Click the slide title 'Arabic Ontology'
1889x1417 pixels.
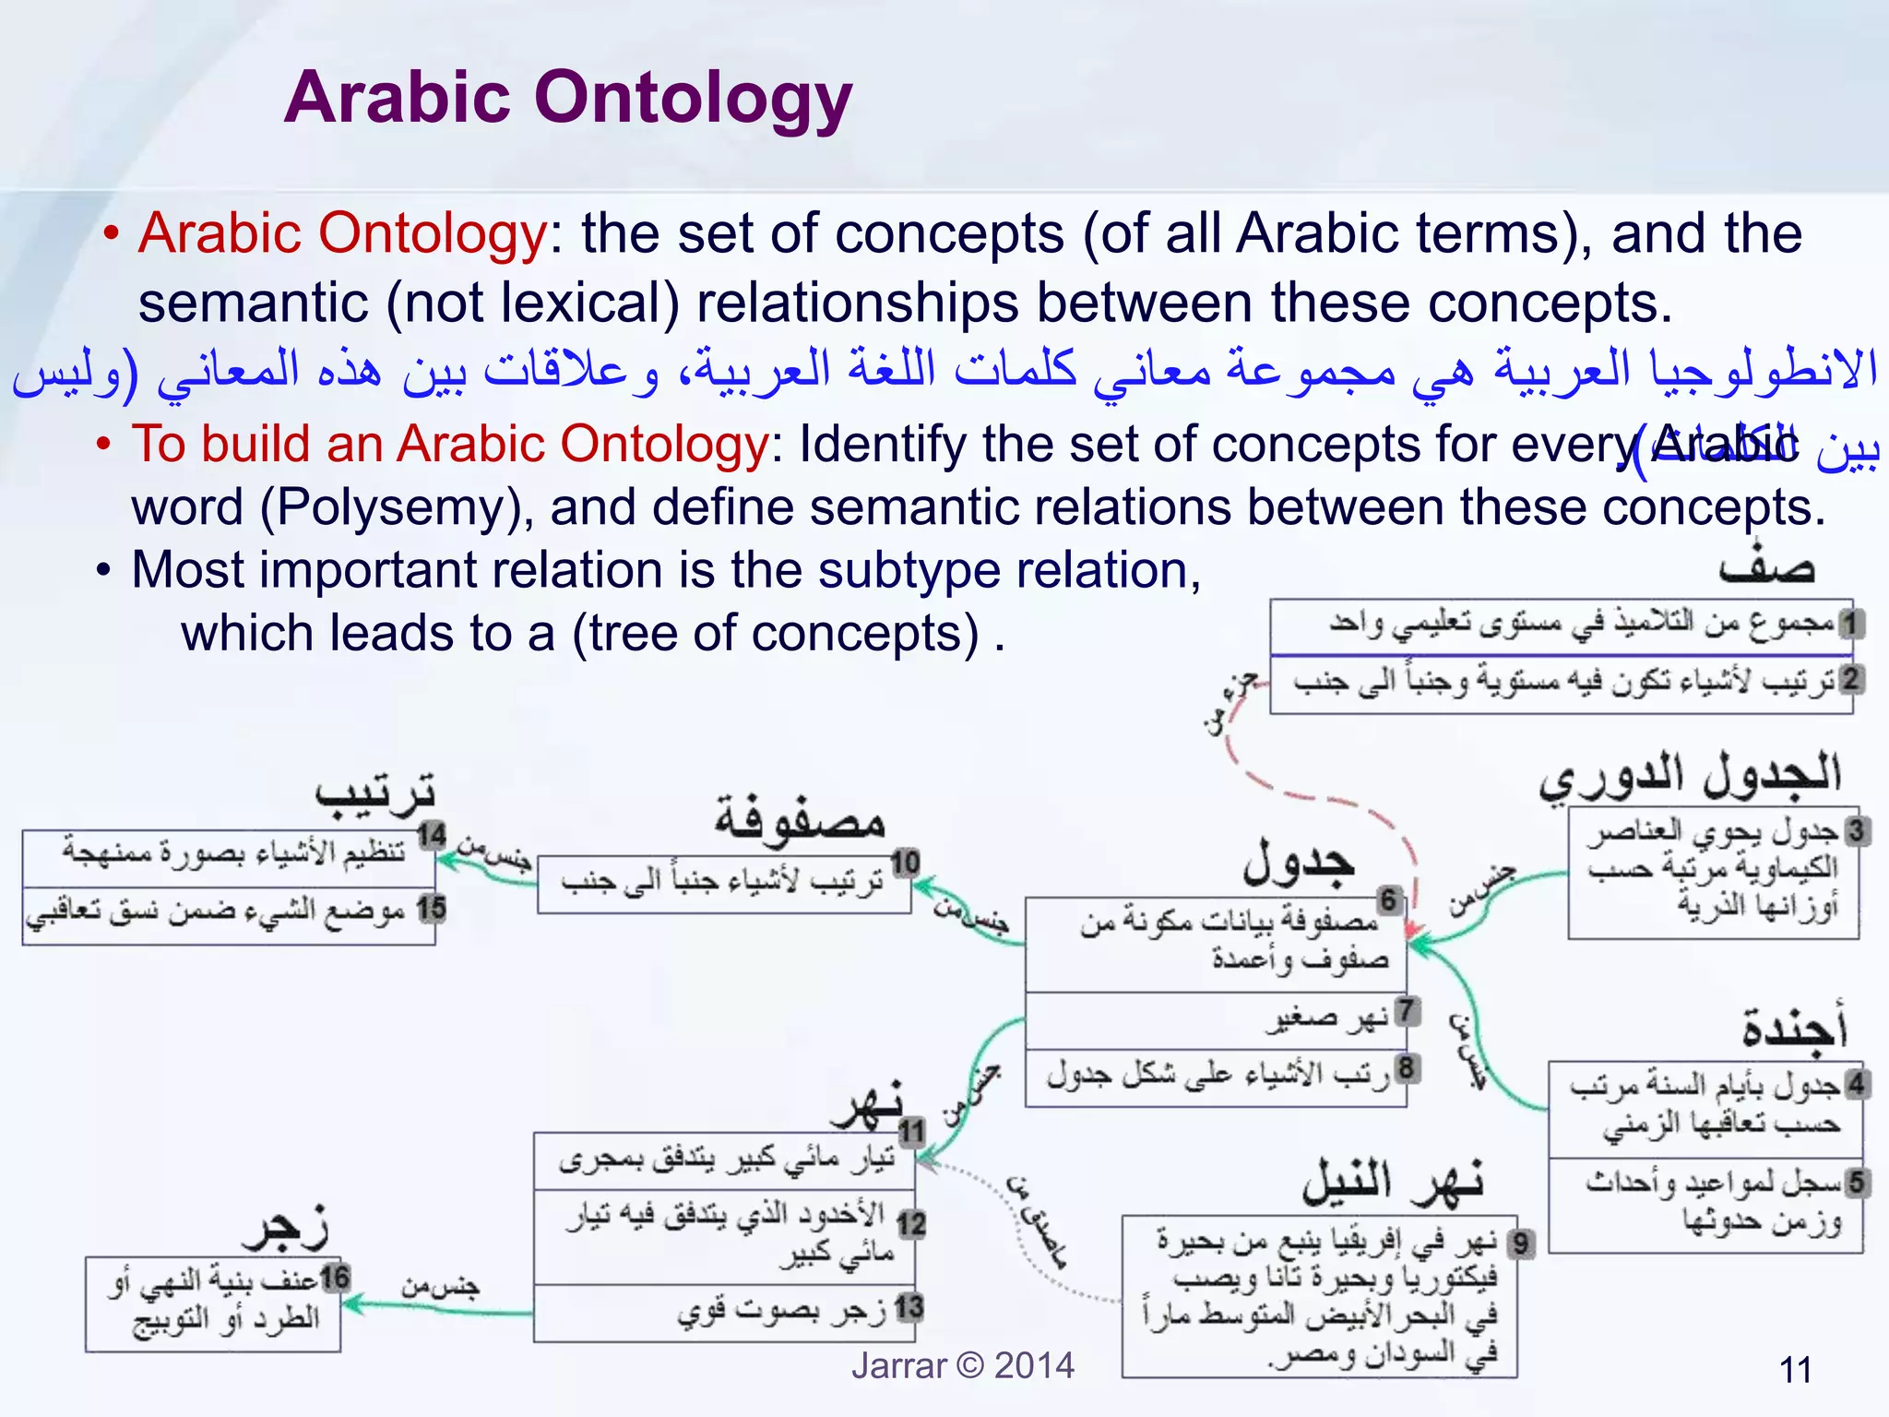(567, 97)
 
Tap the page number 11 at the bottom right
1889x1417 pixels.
(1795, 1369)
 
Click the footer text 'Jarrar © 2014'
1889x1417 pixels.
(962, 1365)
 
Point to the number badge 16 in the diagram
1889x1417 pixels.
(334, 1278)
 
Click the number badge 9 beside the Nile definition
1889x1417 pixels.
(1520, 1244)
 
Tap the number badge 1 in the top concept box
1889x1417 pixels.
(1849, 625)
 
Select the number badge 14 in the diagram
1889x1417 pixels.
(431, 836)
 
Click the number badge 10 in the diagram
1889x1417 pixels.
(905, 863)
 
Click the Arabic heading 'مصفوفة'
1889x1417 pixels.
(799, 818)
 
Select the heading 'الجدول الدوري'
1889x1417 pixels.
(1690, 777)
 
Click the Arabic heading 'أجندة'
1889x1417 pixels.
(1793, 1026)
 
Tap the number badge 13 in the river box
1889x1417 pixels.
(909, 1306)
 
